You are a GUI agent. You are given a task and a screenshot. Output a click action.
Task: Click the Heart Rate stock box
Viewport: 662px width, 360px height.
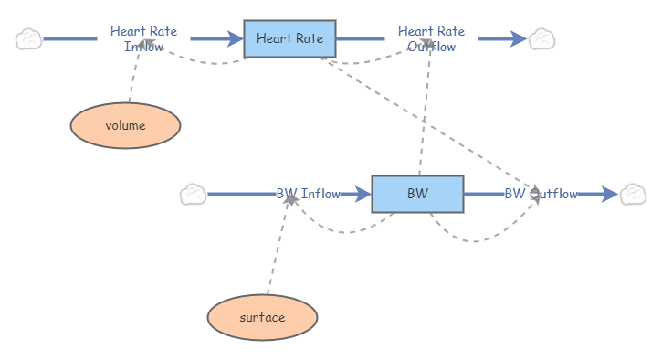tap(289, 38)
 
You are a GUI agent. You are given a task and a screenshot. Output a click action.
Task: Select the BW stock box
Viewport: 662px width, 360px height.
tap(417, 194)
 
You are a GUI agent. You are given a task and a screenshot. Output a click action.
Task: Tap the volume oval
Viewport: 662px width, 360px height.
tap(125, 126)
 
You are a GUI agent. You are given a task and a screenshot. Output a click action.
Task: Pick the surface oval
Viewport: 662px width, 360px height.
tap(262, 317)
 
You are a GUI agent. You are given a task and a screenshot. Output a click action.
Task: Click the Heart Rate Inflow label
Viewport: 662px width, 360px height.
tap(143, 38)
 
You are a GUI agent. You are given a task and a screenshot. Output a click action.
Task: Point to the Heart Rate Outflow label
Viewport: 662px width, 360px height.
tap(431, 38)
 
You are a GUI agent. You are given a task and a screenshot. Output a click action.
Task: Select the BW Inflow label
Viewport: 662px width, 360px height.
tap(308, 194)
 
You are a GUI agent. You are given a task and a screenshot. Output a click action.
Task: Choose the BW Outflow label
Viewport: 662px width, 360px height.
tap(541, 194)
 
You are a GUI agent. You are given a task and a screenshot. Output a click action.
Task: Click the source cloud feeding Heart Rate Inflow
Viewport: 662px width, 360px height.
tap(29, 38)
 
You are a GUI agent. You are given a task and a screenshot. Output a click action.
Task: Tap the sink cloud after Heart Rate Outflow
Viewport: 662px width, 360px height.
tap(542, 38)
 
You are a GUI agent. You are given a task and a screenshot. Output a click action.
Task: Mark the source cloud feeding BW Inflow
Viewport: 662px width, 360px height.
tap(193, 194)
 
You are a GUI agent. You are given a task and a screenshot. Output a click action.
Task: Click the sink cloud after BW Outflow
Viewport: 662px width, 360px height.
tap(633, 194)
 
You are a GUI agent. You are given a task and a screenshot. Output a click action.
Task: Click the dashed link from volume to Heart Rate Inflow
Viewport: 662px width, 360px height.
tap(134, 78)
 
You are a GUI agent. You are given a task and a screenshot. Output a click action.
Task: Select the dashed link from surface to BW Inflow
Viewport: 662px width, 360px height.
tap(277, 247)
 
